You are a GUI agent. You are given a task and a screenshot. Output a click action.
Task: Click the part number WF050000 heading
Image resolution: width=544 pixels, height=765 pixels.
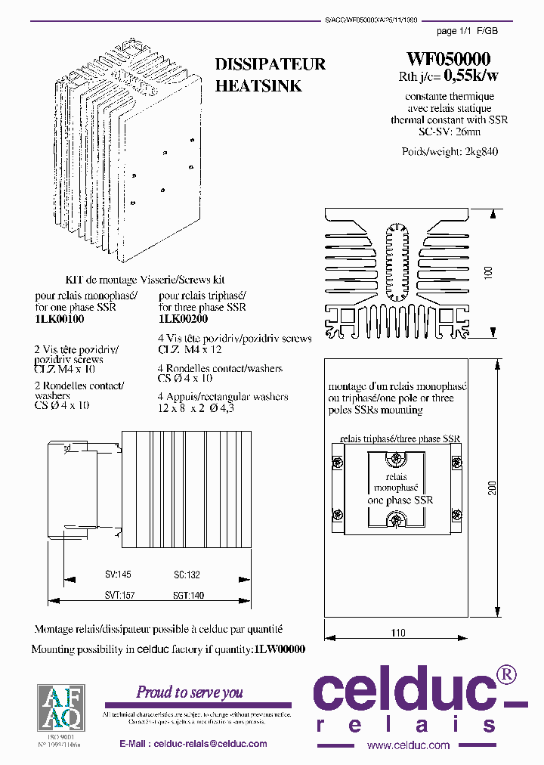449,59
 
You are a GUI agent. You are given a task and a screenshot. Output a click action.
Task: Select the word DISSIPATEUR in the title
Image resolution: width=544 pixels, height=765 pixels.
270,64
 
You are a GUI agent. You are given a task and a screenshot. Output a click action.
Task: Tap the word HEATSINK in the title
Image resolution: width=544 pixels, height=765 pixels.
258,86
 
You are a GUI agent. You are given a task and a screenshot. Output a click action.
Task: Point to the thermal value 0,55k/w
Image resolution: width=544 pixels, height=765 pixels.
471,76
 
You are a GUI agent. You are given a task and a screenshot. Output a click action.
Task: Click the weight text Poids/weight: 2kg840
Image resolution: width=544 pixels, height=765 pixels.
450,151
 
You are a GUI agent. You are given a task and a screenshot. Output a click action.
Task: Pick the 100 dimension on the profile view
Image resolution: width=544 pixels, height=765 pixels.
487,273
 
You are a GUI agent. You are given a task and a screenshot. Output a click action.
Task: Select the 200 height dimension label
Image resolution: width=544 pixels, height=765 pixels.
492,489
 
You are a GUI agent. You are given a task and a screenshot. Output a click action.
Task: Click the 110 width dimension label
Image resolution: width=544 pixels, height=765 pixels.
398,633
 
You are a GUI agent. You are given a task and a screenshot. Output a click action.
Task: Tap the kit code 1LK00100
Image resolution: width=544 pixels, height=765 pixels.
60,319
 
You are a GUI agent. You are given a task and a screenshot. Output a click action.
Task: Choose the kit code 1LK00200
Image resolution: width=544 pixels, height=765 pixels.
184,319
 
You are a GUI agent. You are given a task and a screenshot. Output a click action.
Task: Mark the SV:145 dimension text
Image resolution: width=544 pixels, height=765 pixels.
119,575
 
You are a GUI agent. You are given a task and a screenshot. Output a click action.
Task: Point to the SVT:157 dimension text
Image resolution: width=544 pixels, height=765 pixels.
119,596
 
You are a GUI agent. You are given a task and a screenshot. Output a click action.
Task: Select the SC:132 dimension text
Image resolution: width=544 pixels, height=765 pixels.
187,575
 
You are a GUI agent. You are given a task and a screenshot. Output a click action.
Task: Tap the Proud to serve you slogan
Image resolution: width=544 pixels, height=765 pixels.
190,692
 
